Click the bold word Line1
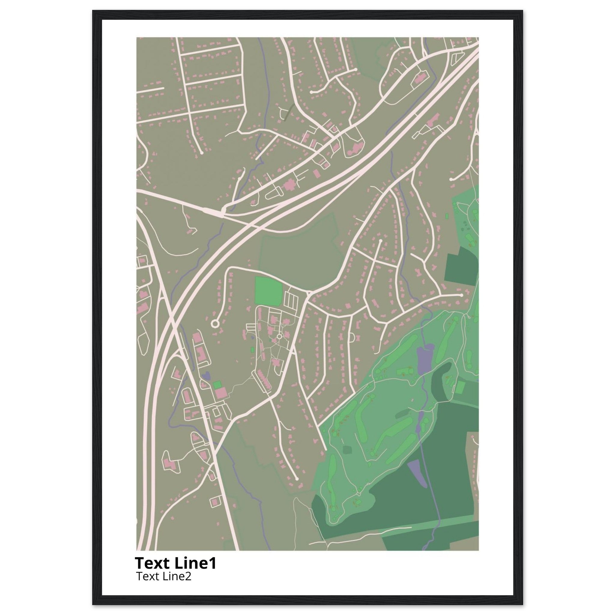(x=195, y=563)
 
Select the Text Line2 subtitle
(x=164, y=576)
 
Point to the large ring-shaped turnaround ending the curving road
(x=215, y=324)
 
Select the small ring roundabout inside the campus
(x=280, y=336)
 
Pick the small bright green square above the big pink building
(x=217, y=385)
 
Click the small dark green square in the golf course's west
(x=347, y=450)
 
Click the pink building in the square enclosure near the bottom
(x=215, y=511)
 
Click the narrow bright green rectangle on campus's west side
(x=253, y=350)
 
